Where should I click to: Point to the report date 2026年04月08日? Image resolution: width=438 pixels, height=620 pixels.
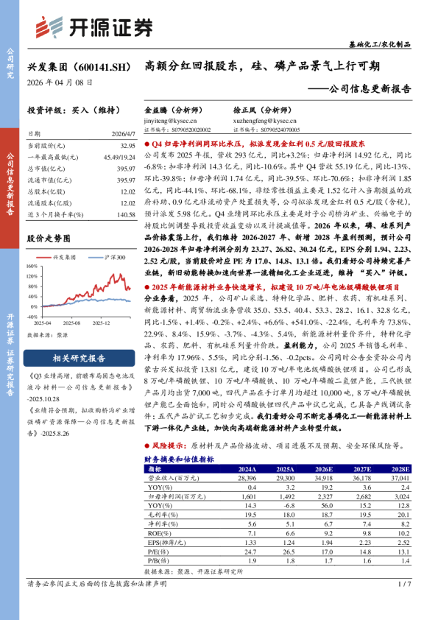(60, 83)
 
